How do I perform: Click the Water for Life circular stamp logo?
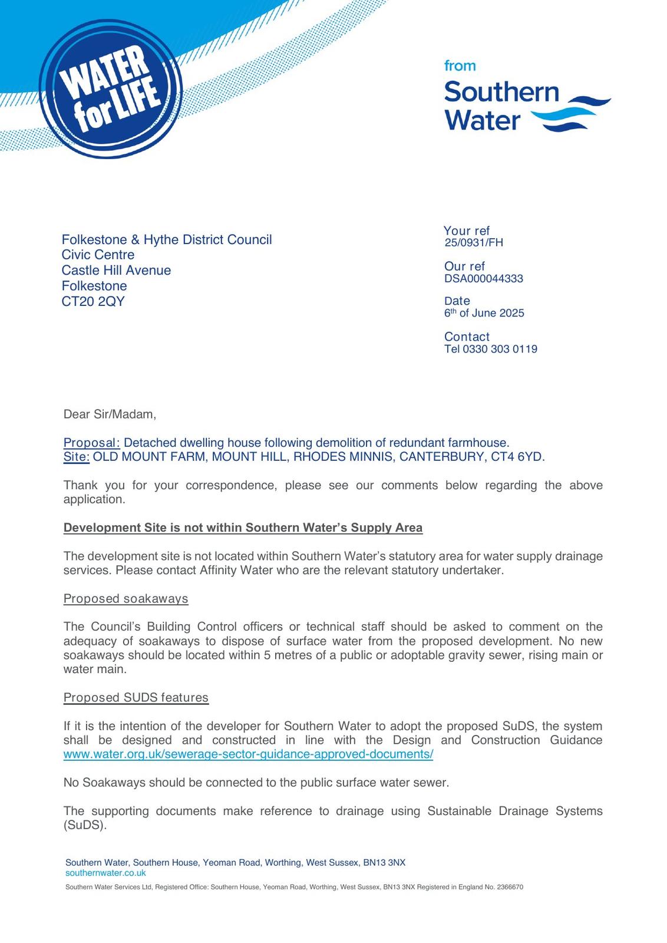(111, 89)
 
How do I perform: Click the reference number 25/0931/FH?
(474, 243)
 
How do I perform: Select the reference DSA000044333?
(483, 279)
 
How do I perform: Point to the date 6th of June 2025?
(484, 313)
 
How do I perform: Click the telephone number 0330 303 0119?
(500, 349)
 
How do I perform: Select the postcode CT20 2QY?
(93, 301)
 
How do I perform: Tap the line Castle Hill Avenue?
(116, 271)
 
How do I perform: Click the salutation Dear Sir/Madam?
(110, 414)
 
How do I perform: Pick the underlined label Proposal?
(91, 443)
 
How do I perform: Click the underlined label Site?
(77, 457)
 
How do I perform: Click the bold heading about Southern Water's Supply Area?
(243, 527)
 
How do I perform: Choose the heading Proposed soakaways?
(126, 599)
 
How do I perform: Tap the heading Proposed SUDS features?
(136, 698)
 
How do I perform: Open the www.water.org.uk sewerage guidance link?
(248, 754)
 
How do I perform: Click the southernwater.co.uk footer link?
(105, 873)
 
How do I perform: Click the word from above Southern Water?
(460, 66)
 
